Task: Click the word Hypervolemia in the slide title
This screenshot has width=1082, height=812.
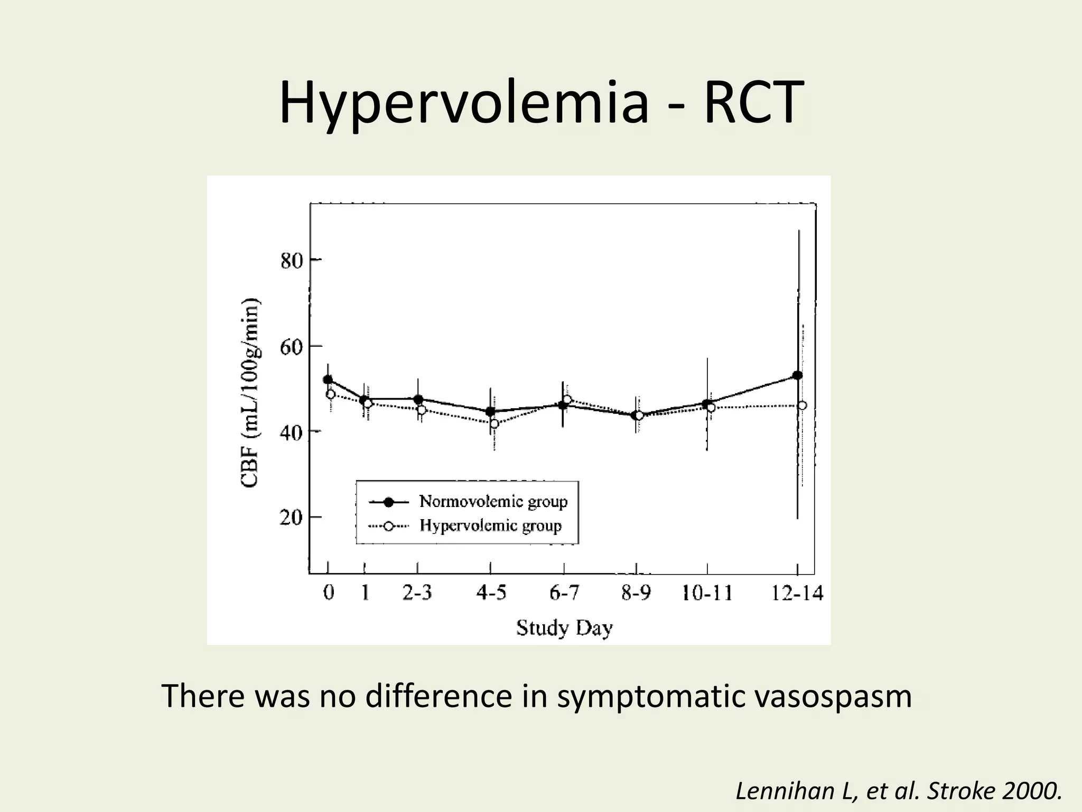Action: click(463, 104)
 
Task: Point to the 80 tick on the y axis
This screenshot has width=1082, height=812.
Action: click(292, 261)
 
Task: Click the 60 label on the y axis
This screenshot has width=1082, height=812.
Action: click(292, 347)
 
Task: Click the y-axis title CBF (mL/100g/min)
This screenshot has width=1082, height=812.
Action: click(250, 392)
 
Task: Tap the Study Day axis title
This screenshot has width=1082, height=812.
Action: click(564, 628)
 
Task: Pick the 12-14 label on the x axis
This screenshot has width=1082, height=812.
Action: click(797, 593)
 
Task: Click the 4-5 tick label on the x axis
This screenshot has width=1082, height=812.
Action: click(491, 593)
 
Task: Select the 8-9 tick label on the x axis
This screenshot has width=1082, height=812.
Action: click(636, 593)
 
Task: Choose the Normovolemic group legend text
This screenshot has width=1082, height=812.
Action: click(493, 501)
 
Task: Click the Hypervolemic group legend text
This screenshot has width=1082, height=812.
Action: click(490, 525)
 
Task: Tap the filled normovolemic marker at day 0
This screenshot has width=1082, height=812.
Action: click(328, 380)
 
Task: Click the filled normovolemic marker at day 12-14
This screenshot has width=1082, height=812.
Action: click(797, 375)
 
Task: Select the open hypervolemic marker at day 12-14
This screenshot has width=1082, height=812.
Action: click(802, 405)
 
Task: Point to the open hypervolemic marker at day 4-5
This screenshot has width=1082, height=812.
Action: click(495, 423)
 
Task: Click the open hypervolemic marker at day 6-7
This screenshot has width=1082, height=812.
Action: click(567, 400)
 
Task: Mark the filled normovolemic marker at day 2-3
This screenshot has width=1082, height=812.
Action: click(418, 399)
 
